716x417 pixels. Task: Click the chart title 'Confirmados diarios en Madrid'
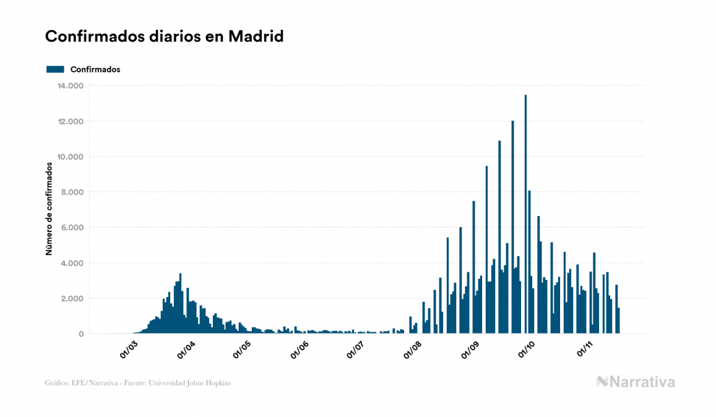[164, 37]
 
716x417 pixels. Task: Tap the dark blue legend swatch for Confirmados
[55, 69]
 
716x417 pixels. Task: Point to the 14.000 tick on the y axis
[70, 85]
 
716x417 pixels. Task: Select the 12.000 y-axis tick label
[70, 121]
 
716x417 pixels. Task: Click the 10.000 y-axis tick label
[70, 157]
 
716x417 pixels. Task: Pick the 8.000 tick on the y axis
[72, 192]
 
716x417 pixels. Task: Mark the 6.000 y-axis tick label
[72, 228]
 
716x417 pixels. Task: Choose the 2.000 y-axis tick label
[72, 299]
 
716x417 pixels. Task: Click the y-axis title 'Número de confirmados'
[49, 208]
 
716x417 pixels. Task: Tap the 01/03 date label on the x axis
[129, 348]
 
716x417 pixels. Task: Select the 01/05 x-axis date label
[243, 348]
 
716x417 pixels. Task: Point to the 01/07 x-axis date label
[356, 348]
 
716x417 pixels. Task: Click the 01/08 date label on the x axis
[413, 348]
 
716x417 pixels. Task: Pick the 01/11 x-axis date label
[584, 348]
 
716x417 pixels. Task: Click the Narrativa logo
[636, 382]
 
